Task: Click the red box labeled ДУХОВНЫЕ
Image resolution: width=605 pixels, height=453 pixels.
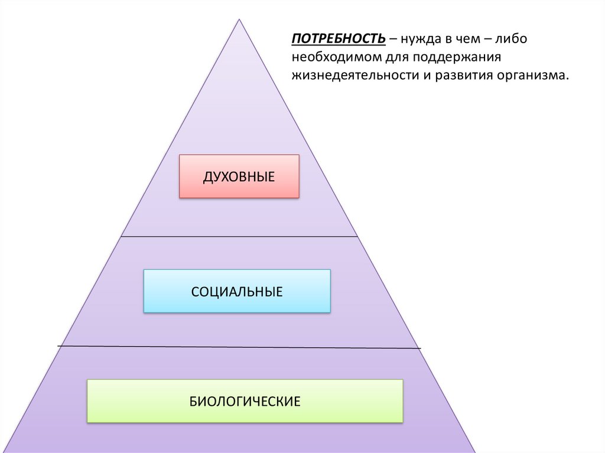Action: point(239,176)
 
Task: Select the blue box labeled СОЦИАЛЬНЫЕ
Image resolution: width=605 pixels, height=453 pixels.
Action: point(236,291)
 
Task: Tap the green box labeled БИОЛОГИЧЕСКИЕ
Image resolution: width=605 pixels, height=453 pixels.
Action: point(245,401)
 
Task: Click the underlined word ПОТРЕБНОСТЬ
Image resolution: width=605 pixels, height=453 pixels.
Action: point(338,39)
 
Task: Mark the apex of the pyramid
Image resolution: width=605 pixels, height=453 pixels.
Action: point(239,20)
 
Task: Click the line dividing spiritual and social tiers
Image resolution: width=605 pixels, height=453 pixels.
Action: point(239,236)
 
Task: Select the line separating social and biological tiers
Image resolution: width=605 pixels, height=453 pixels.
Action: point(239,347)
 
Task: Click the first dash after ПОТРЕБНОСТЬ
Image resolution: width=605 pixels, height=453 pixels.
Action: point(393,40)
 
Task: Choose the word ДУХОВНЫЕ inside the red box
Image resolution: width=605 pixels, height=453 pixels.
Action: point(239,176)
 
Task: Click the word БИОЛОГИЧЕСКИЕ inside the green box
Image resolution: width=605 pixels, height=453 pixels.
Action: point(245,402)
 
